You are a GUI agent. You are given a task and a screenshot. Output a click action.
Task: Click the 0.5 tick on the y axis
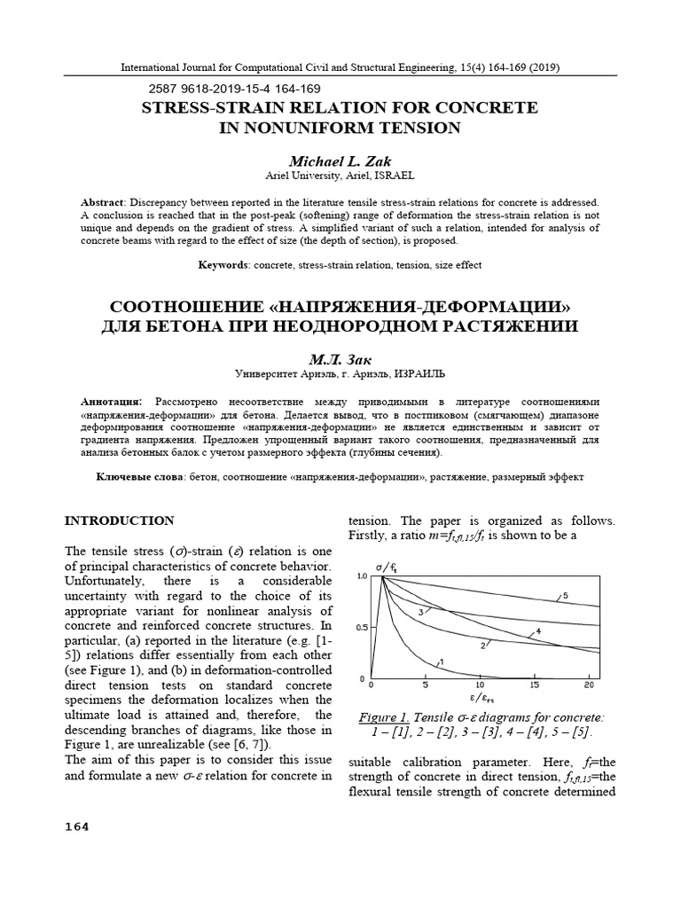coord(361,628)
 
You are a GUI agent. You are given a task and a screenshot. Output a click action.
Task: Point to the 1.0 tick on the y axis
coord(361,576)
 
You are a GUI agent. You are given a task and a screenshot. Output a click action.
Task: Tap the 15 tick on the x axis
coord(534,685)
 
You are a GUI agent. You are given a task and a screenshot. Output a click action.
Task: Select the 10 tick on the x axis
coord(480,685)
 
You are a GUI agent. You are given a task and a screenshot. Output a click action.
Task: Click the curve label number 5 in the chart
coord(565,594)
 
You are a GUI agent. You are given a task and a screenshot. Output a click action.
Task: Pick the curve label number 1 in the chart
coord(441,661)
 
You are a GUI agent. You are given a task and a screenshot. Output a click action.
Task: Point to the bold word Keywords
coord(223,265)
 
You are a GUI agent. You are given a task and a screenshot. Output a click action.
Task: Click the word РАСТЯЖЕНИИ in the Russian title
coord(503,325)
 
